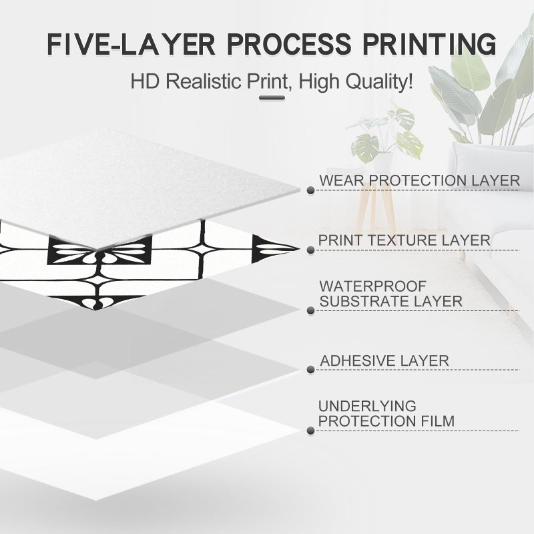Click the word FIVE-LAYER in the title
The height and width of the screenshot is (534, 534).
131,44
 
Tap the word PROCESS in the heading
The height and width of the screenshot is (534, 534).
288,44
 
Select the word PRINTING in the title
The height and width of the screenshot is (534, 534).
429,44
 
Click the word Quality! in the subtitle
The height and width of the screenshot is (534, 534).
379,82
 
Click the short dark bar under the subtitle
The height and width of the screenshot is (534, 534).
272,97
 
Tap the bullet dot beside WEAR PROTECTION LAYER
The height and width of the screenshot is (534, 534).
310,190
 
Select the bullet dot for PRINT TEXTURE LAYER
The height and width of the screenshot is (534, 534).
310,250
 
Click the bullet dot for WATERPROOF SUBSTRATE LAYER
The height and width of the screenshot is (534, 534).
310,310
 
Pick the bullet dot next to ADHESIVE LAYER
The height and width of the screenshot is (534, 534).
310,370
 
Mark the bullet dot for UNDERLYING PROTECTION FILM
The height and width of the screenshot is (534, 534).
310,431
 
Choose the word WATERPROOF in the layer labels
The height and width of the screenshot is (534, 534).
373,286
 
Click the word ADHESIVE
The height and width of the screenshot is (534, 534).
357,361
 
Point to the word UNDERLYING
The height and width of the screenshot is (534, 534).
367,407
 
